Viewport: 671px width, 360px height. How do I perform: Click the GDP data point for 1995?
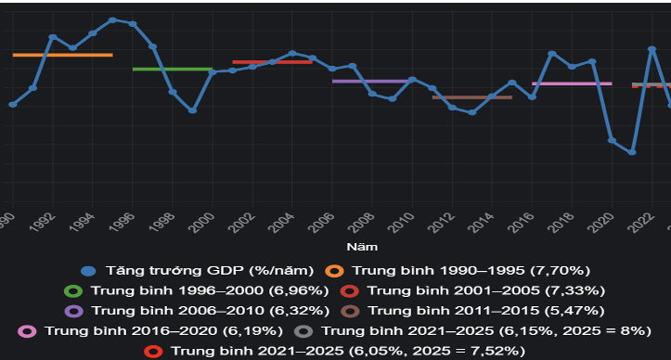click(x=112, y=19)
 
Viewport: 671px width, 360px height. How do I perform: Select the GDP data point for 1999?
click(x=192, y=110)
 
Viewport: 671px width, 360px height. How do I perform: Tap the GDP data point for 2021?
click(x=632, y=151)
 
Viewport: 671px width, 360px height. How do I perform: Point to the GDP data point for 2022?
click(x=652, y=48)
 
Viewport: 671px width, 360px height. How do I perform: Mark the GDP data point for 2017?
click(x=552, y=54)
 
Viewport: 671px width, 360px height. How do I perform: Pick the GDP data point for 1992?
click(x=52, y=37)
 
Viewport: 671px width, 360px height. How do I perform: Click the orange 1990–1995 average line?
click(x=62, y=55)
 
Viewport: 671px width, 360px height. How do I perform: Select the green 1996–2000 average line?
click(x=173, y=69)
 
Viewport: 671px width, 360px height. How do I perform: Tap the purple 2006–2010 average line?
click(x=371, y=81)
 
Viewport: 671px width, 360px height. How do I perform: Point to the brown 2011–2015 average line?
click(x=471, y=96)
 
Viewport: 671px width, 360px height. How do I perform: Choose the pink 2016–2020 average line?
click(x=572, y=84)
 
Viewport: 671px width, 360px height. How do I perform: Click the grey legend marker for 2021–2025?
click(x=302, y=330)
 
